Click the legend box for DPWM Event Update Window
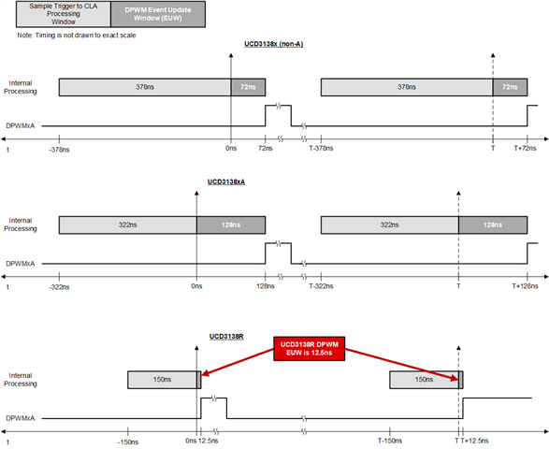tap(158, 14)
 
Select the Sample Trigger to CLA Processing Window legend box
tap(64, 14)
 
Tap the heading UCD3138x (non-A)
tap(273, 44)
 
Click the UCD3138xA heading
tap(226, 181)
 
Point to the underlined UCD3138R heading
tap(226, 337)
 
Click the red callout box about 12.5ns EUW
tap(310, 349)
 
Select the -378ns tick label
tap(59, 150)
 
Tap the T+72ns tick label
tap(525, 148)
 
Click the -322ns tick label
tap(59, 287)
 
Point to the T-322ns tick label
tap(321, 286)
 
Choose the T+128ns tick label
tap(525, 286)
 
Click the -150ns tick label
tap(128, 442)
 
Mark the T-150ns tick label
tap(390, 441)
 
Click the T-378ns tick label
tap(321, 148)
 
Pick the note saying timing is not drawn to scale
tap(77, 36)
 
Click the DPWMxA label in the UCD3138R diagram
tap(21, 418)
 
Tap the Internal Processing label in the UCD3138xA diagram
tap(21, 224)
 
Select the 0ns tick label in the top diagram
tap(231, 148)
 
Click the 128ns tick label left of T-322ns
tap(266, 286)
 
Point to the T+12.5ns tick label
tap(475, 441)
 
